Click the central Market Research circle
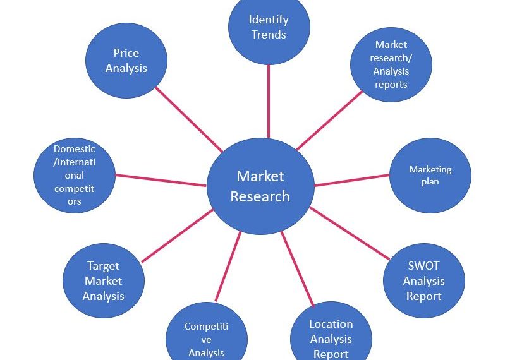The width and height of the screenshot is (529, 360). pos(260,186)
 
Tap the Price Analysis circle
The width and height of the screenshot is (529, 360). pos(126,61)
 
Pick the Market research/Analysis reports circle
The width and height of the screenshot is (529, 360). pos(391,64)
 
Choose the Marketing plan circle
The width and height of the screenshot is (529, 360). pos(430,176)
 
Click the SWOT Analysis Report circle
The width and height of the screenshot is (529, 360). pos(423,281)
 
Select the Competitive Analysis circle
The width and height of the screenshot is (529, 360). pos(206,338)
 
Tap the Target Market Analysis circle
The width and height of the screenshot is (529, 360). pos(104,281)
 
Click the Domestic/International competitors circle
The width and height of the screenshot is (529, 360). pos(75,176)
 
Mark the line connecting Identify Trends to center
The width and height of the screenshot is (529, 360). pos(269,101)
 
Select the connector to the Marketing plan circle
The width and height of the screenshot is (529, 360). pos(351,180)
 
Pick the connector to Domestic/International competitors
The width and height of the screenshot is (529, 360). pos(161,180)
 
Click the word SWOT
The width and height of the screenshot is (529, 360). pos(423,267)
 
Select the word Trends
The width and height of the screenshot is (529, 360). pos(269,34)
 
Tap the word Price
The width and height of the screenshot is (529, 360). pos(126,53)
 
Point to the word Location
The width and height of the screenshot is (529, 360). pos(331,324)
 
